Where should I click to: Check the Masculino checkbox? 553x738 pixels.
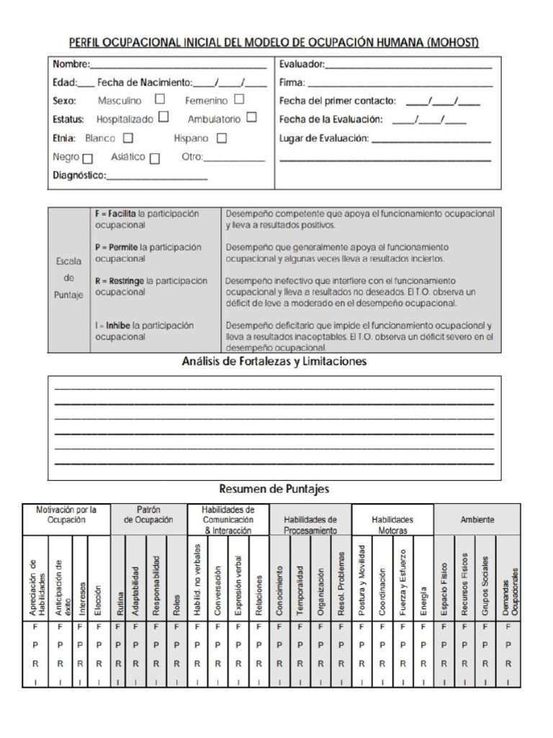coord(160,100)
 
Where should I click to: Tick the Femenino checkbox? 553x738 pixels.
coord(238,100)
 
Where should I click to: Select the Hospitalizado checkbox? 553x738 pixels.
coord(164,117)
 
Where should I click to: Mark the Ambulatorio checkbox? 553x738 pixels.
coord(251,117)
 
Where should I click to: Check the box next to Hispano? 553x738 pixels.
coord(222,138)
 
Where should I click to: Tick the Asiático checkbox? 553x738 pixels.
coord(156,158)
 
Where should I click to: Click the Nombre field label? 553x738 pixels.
coord(71,65)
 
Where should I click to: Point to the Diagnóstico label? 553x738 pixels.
coord(80,175)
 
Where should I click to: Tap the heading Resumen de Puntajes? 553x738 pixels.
coord(274,489)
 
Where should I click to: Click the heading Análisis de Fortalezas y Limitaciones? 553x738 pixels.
coord(274,361)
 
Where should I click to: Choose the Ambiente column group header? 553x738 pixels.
coord(477,519)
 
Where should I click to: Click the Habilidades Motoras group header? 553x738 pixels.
coord(392,524)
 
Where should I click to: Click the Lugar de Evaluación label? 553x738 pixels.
coord(324,138)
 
